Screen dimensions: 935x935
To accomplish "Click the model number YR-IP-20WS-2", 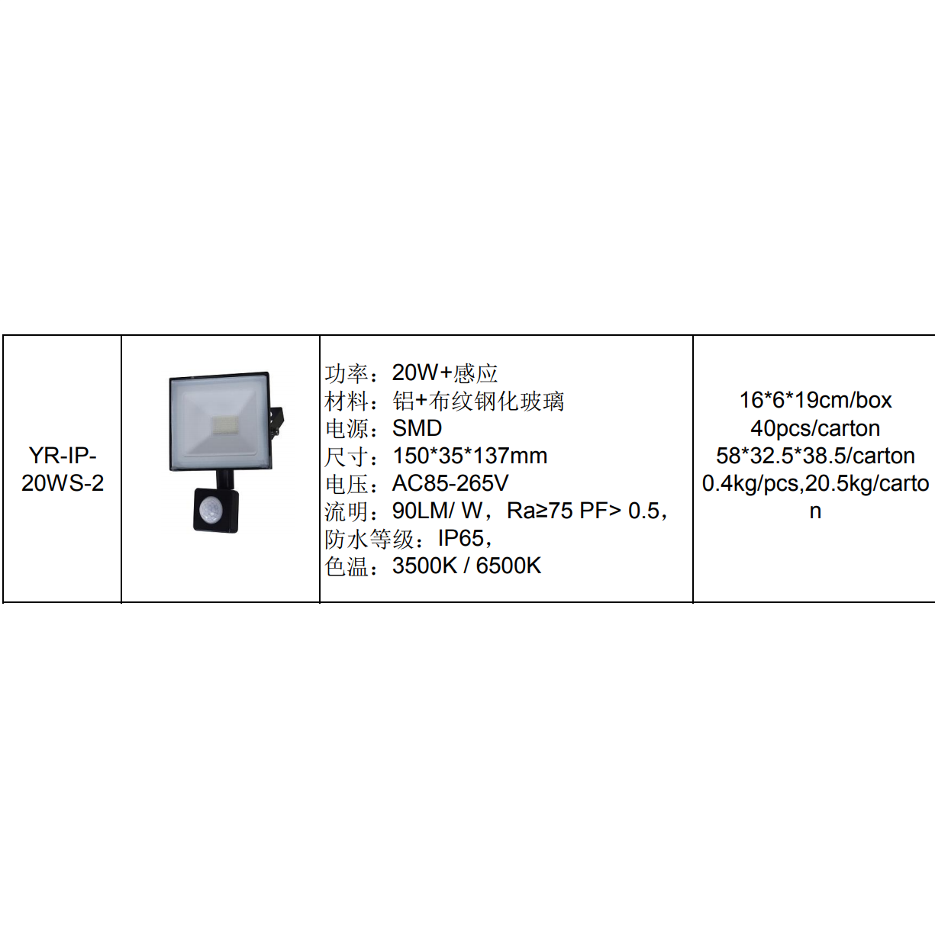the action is point(63,469).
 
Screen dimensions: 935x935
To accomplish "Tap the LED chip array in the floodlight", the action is point(224,426).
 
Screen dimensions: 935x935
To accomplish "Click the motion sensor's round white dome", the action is point(210,508).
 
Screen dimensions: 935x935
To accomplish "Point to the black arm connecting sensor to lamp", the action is point(224,479).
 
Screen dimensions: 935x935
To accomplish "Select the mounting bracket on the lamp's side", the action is point(276,421).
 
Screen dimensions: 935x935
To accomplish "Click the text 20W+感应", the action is point(445,372).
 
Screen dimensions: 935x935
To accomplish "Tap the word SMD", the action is point(417,428).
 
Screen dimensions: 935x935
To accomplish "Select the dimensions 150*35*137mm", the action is point(469,456).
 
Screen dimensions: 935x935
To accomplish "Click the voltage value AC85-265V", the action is point(450,483).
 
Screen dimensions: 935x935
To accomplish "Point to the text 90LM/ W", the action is point(437,511).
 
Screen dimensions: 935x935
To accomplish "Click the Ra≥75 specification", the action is point(540,511).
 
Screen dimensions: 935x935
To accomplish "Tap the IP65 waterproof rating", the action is point(461,538).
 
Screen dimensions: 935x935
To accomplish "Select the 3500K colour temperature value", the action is point(424,566).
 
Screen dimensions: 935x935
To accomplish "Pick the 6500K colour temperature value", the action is point(508,566).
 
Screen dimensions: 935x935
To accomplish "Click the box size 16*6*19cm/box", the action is point(815,400).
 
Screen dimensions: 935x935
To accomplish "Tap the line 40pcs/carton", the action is point(815,428).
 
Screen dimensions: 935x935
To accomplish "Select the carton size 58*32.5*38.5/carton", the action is point(815,456).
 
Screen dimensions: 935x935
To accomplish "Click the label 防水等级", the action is point(369,539).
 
